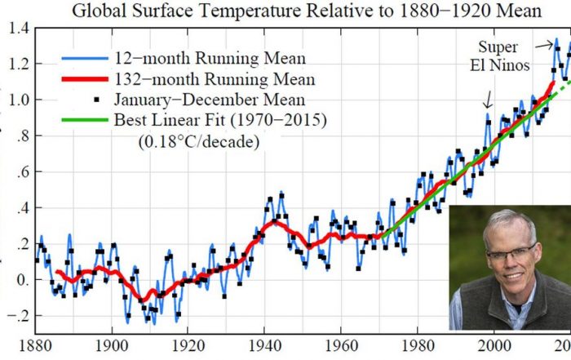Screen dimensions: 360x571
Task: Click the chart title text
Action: pos(286,11)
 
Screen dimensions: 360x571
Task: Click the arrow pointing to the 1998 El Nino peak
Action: pos(488,103)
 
